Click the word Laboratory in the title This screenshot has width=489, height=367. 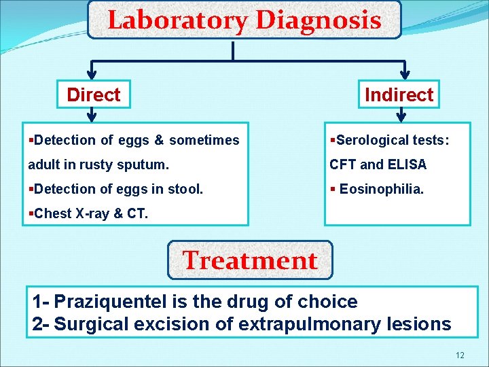click(x=177, y=20)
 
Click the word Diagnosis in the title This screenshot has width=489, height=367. click(x=318, y=20)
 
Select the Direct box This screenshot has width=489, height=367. click(x=94, y=95)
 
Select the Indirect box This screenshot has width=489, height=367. click(x=399, y=95)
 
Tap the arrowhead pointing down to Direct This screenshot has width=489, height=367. click(x=93, y=73)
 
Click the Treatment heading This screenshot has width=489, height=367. click(x=250, y=260)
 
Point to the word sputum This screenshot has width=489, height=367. click(x=147, y=164)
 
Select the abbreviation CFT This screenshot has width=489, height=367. click(x=342, y=164)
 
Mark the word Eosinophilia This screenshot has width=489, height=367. click(x=382, y=189)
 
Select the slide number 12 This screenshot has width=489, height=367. click(x=460, y=355)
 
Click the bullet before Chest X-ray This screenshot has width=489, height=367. click(x=31, y=213)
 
